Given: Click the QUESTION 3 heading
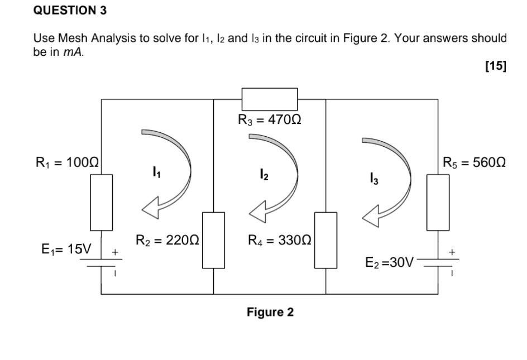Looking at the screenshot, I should [x=70, y=10].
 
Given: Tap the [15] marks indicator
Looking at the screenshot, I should [x=496, y=66].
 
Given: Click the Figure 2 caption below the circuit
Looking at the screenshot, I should [x=270, y=312].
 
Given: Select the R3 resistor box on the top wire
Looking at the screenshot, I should [x=270, y=99].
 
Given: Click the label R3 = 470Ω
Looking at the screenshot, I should [x=270, y=119].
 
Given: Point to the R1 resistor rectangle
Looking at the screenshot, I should [x=101, y=202].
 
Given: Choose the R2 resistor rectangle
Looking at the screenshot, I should [x=213, y=240].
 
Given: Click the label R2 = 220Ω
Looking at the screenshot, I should [x=167, y=241].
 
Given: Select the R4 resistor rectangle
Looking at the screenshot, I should [x=325, y=240].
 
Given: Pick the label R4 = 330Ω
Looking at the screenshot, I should [x=280, y=241].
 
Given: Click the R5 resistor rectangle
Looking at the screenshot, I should [x=438, y=202].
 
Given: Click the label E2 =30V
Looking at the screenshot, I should [x=389, y=262].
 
